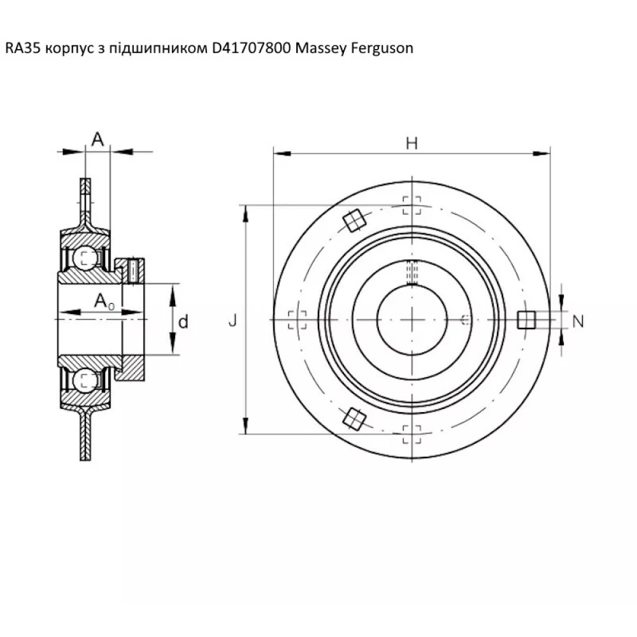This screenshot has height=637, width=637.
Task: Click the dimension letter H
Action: point(412,143)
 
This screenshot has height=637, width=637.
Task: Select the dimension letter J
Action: point(233,320)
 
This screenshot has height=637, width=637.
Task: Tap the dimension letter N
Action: point(578,322)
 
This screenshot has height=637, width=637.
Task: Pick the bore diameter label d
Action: point(183,322)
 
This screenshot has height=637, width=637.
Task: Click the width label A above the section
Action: point(97,139)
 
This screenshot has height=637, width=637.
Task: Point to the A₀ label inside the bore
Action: point(104,302)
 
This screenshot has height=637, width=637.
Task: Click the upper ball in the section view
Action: point(86,258)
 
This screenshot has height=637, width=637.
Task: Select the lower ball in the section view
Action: point(85,380)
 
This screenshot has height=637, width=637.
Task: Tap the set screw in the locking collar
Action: point(132,271)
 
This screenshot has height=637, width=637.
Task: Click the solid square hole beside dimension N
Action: point(526,319)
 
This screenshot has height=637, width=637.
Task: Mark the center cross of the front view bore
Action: point(412,318)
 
